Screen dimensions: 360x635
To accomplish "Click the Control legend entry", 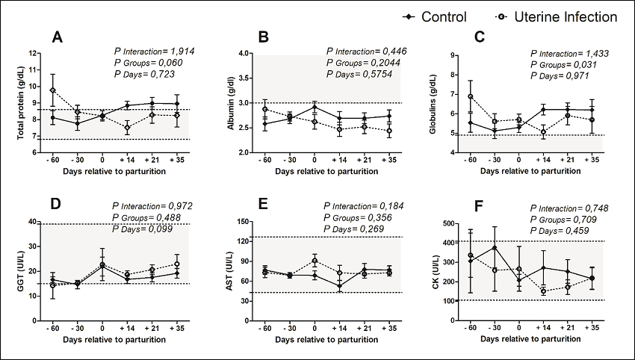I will [433, 17].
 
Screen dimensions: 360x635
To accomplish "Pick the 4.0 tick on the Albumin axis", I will [244, 54].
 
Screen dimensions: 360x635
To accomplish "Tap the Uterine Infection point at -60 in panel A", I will [52, 90].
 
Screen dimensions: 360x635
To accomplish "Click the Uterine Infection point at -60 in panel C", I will [470, 96].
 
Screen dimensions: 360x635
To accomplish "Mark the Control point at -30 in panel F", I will [494, 248].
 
